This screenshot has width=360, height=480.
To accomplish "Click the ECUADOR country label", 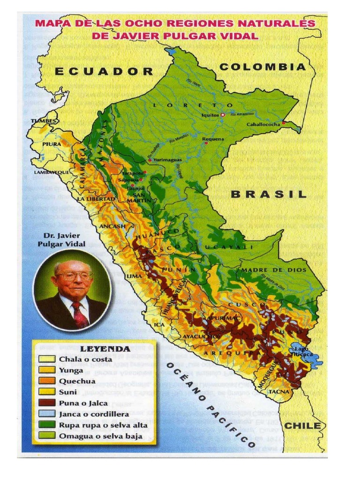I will point(104,71).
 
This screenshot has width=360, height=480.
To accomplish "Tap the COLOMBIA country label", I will point(262,67).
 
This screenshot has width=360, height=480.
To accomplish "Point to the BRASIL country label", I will point(269,194).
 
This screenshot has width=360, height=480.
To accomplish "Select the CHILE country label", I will point(303,426).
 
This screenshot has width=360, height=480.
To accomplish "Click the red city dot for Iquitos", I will point(223,114).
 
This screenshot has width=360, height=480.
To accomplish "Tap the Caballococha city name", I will point(263,124).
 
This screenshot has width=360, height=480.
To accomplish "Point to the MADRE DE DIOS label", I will point(274,270).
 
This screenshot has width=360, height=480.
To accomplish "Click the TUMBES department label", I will point(44,121).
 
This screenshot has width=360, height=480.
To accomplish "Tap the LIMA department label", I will point(134,277).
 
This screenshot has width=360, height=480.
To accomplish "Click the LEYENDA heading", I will point(98,349).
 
